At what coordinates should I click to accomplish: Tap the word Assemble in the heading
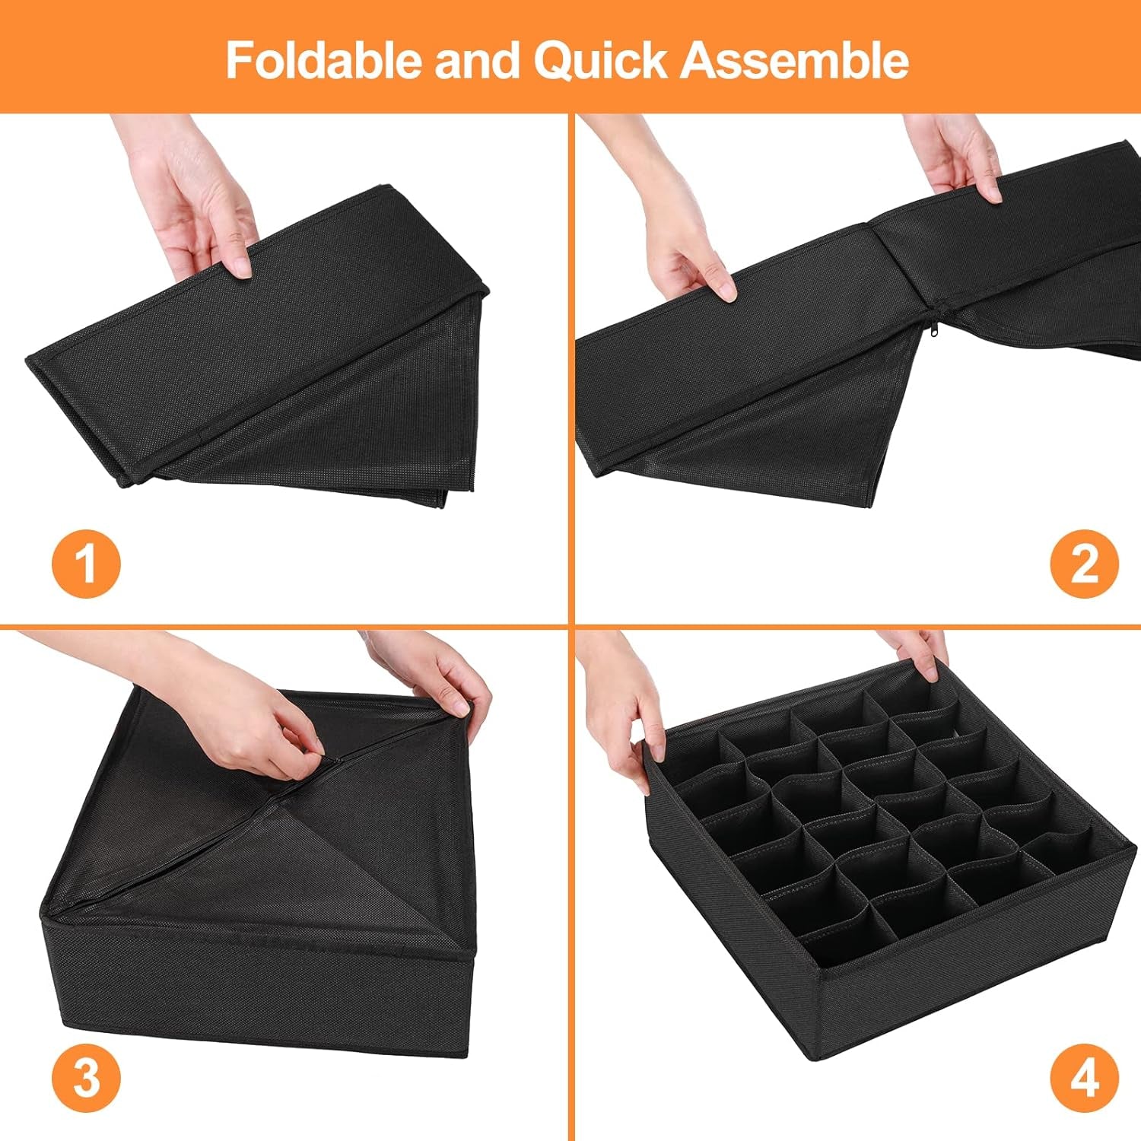tap(794, 60)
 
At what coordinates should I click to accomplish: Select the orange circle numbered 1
tap(86, 564)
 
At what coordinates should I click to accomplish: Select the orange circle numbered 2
tap(1084, 564)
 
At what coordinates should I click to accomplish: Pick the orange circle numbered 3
tap(86, 1076)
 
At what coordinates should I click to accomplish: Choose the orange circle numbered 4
tap(1084, 1076)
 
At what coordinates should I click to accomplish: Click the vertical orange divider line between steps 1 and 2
tap(570, 365)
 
